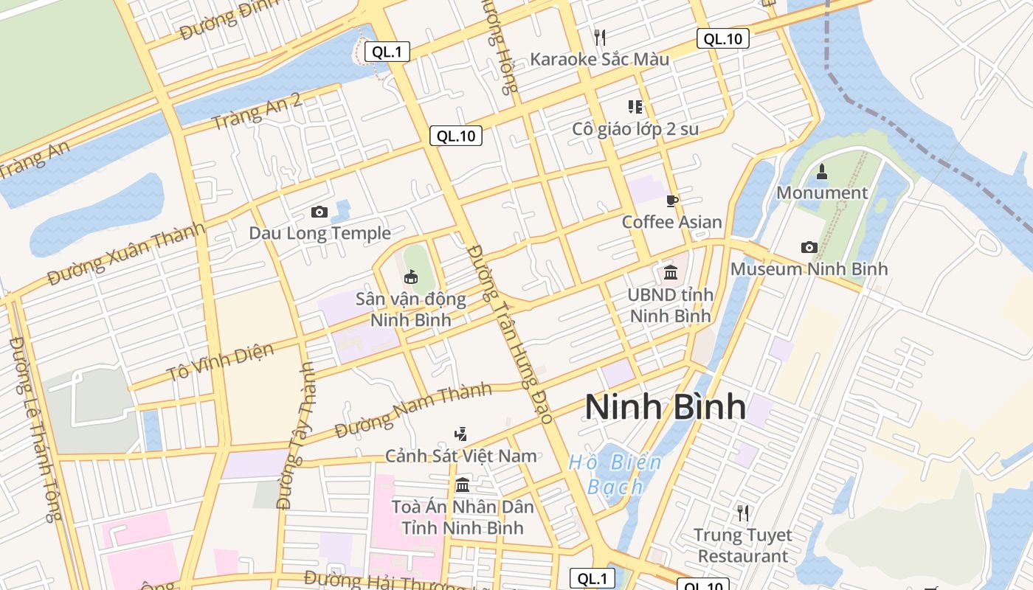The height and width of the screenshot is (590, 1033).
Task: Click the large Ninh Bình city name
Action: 665,407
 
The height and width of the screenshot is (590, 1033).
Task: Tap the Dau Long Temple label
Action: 319,233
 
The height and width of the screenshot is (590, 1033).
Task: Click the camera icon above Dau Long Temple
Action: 319,212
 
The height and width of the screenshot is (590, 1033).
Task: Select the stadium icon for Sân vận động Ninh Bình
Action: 410,277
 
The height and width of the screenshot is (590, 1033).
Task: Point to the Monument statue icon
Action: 822,172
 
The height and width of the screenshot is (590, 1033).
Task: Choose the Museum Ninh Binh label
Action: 809,268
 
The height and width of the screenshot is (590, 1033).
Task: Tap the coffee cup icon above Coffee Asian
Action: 671,201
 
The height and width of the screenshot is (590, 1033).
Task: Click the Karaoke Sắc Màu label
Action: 599,59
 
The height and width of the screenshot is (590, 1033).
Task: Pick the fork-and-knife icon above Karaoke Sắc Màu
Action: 599,36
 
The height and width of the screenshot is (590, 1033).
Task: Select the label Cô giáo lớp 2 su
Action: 635,129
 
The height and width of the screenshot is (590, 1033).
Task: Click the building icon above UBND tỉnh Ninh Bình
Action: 670,273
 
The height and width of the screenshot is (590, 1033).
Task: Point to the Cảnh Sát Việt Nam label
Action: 461,456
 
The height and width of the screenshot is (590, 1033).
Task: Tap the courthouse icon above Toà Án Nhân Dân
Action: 463,485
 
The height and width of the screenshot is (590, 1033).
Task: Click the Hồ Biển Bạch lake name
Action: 615,475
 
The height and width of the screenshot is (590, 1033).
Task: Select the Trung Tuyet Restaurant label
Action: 743,545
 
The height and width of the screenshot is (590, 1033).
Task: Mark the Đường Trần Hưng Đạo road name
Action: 510,334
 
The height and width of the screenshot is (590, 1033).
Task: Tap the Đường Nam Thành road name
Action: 412,410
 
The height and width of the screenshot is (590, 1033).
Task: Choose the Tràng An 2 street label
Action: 257,112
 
